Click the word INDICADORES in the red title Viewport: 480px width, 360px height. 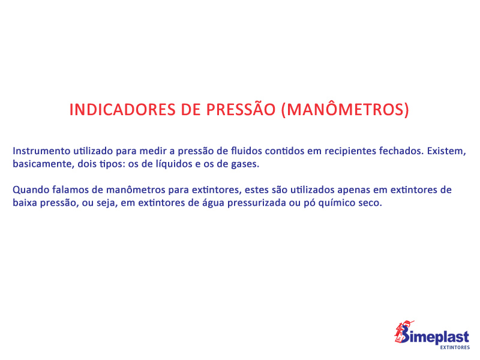click(122, 110)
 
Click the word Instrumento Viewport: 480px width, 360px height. click(41, 151)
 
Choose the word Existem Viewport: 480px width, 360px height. click(446, 151)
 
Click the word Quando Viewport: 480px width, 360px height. click(31, 190)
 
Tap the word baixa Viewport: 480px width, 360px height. click(25, 203)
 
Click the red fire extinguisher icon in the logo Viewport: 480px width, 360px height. click(402, 332)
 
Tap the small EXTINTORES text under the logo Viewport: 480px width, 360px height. click(455, 347)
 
